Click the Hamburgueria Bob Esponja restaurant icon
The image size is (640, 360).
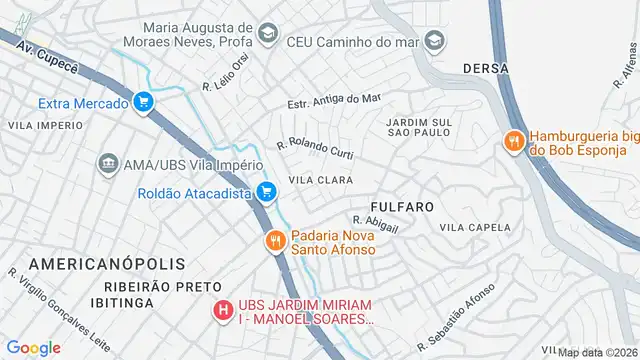click(514, 141)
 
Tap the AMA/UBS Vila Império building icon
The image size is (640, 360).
click(107, 163)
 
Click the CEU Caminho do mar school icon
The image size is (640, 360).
click(434, 41)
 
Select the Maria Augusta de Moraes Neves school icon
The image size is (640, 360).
click(266, 35)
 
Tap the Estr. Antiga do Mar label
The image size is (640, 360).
click(334, 101)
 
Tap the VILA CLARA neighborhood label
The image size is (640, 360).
click(318, 180)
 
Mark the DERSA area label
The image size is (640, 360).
click(487, 68)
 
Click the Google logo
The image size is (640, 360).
click(33, 347)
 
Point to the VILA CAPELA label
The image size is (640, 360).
click(482, 227)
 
